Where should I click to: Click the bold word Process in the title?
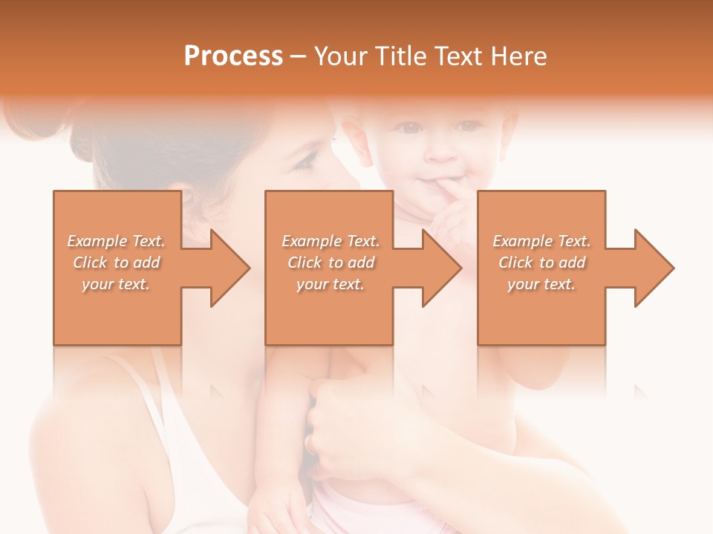coord(233,56)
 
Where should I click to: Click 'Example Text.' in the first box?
coord(116,241)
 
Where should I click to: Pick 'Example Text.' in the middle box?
coord(330,241)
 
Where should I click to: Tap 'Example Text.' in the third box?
coord(541,241)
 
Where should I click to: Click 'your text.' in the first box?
coord(116,284)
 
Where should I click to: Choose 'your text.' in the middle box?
coord(330,284)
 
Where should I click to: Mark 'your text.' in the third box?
coord(541,284)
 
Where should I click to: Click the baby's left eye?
coord(466,127)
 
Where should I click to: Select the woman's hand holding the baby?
coord(349,430)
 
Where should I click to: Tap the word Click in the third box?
coord(516,263)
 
